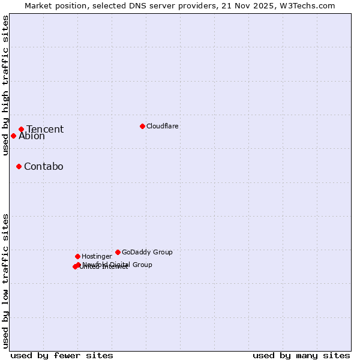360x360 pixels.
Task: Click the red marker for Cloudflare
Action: click(x=142, y=126)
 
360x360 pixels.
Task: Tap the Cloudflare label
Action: click(x=163, y=126)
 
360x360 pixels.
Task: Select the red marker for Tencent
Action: click(x=21, y=129)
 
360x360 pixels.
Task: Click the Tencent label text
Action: click(x=45, y=130)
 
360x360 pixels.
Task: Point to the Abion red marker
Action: click(x=13, y=136)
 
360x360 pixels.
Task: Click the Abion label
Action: click(x=32, y=136)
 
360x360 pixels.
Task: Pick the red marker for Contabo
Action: click(x=19, y=166)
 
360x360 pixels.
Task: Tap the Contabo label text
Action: click(x=44, y=167)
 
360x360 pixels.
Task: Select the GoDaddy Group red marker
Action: click(x=118, y=252)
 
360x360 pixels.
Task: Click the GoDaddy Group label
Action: click(x=147, y=252)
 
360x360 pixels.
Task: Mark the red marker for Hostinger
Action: click(x=77, y=256)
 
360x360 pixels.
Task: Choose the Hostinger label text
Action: click(x=97, y=256)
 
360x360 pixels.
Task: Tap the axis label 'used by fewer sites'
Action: click(x=62, y=355)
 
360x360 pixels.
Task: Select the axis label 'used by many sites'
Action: click(x=301, y=355)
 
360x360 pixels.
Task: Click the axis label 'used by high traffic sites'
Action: click(x=6, y=86)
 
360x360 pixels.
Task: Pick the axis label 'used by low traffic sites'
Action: click(x=6, y=281)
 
